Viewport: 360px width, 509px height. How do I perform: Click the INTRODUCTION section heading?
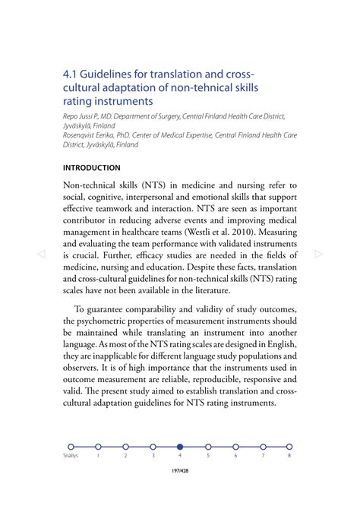click(91, 167)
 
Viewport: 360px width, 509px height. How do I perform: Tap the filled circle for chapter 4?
click(180, 447)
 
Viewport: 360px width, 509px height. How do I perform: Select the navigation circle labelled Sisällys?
click(70, 447)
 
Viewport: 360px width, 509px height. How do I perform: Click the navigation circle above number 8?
click(289, 447)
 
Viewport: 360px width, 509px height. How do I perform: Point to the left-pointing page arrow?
click(43, 254)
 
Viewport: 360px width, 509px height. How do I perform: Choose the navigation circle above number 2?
click(125, 447)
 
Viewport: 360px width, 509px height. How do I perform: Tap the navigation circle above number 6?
click(235, 447)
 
